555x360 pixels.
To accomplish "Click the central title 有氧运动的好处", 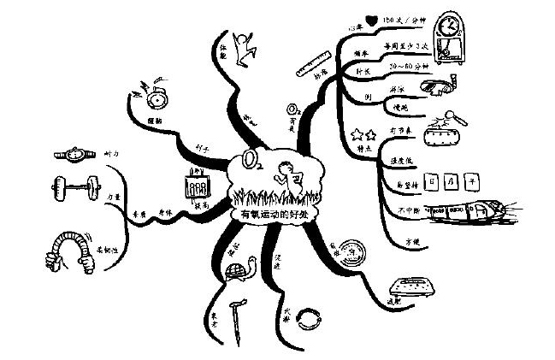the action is [276, 214].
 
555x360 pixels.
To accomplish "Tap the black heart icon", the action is [370, 17].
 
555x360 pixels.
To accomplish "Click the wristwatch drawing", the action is [76, 155].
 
